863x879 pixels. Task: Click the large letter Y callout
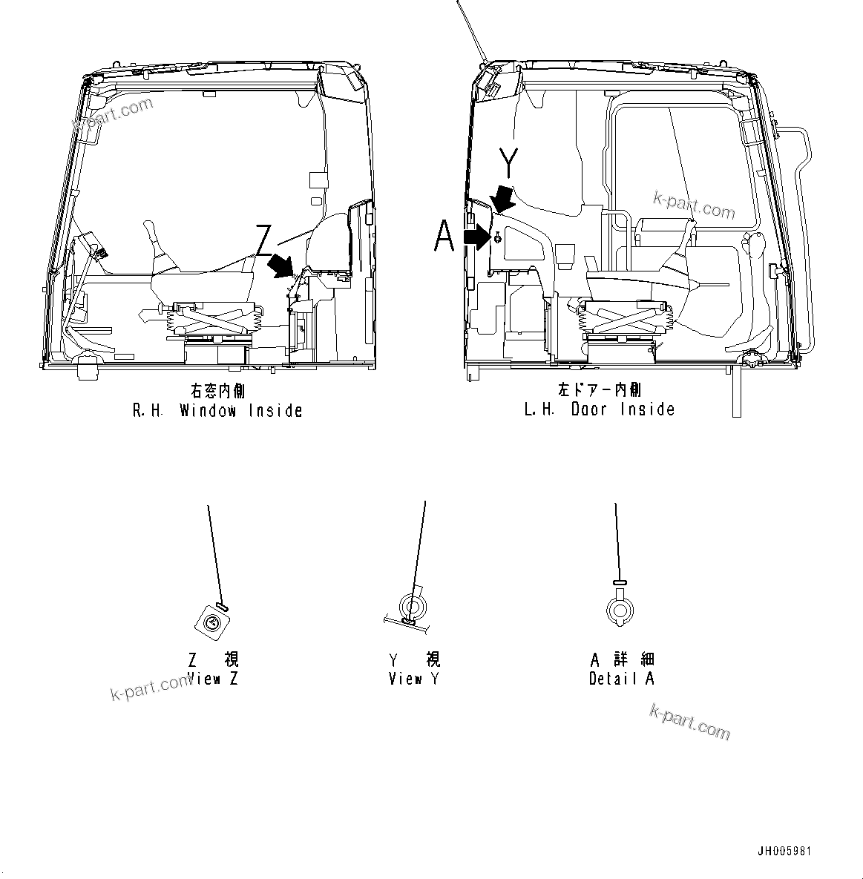[x=508, y=162]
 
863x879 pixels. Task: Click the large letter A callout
[x=444, y=237]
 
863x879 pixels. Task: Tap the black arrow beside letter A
[x=476, y=237]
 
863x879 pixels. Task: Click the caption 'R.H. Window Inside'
[x=217, y=410]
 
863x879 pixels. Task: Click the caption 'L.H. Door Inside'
[x=600, y=409]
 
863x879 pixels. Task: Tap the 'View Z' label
[x=214, y=678]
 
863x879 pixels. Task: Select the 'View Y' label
[x=414, y=678]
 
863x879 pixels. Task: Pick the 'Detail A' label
[x=622, y=678]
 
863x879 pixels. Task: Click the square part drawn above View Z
[x=211, y=623]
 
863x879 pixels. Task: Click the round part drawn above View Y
[x=412, y=607]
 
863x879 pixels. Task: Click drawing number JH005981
[x=784, y=851]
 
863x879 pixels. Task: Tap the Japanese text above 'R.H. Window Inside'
[x=217, y=391]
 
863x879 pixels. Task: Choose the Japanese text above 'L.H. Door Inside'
[x=600, y=389]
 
